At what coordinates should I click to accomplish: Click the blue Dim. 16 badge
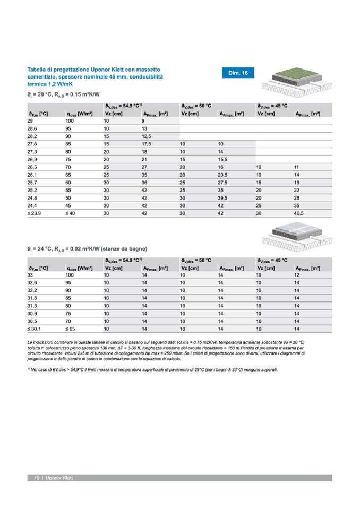point(237,73)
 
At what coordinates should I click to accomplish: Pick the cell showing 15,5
point(223,159)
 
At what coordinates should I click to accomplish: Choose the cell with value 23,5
point(223,175)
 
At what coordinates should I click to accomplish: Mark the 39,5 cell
point(223,197)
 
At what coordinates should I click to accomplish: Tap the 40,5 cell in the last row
point(299,213)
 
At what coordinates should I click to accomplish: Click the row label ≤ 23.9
point(35,213)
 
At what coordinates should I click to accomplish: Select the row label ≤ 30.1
point(35,329)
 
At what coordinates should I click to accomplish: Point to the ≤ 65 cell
point(71,329)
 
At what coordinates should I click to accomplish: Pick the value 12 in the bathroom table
point(297,275)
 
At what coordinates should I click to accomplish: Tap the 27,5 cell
point(223,182)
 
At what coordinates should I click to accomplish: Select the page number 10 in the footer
point(37,478)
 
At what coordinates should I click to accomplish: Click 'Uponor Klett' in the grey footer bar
point(59,478)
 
